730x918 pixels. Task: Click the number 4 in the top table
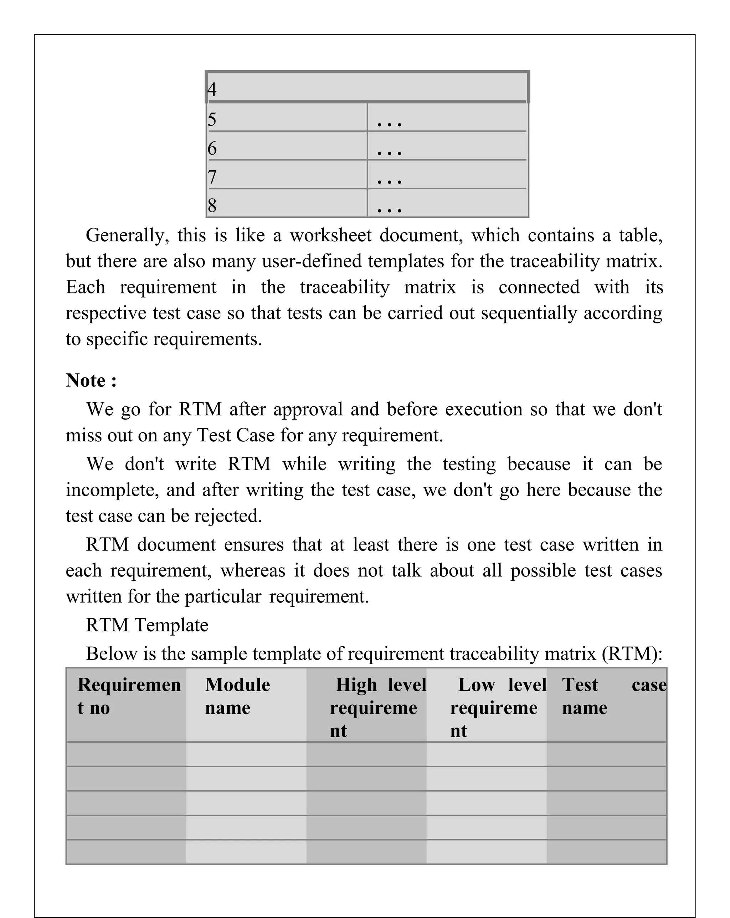point(212,89)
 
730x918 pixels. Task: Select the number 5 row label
point(212,119)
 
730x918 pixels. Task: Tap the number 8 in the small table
point(212,205)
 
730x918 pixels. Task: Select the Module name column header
point(237,696)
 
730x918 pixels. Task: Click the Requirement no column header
point(129,696)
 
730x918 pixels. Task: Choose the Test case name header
point(613,696)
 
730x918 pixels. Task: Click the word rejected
point(228,516)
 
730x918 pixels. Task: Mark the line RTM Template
point(147,625)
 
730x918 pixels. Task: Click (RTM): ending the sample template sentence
point(632,653)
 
